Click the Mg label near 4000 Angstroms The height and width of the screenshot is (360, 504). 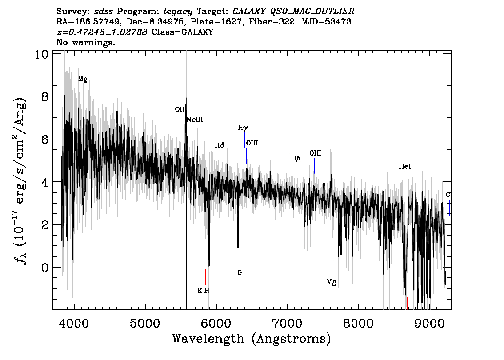tap(83, 79)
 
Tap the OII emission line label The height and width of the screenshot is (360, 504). tap(180, 110)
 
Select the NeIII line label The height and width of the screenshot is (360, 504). tap(195, 120)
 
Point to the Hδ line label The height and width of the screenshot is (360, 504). tap(219, 145)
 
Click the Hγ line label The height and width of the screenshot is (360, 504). tap(243, 128)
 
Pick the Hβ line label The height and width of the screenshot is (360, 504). tap(296, 158)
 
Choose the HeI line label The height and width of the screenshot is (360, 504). tap(405, 167)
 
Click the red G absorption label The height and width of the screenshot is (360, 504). tap(240, 272)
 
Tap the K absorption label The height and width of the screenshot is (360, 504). tap(200, 291)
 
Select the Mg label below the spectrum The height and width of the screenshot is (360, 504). tap(332, 282)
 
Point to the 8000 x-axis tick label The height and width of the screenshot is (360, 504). tap(358, 323)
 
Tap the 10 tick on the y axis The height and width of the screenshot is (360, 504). tap(41, 54)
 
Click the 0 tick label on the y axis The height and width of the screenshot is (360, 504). tap(45, 268)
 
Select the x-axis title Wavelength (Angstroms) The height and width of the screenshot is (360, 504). tap(252, 339)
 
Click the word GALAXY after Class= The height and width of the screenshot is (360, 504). tap(197, 32)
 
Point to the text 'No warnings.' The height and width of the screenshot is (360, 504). tap(85, 42)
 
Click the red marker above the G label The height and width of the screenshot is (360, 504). tap(240, 259)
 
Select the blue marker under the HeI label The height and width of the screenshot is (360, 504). tap(405, 179)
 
